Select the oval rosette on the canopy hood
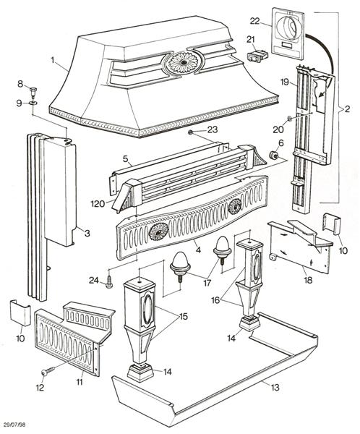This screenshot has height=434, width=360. pos(182,63)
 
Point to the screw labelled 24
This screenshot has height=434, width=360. pos(109,284)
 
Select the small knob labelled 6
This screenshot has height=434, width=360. pos(275,155)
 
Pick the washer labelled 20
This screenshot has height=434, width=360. pos(289,117)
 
